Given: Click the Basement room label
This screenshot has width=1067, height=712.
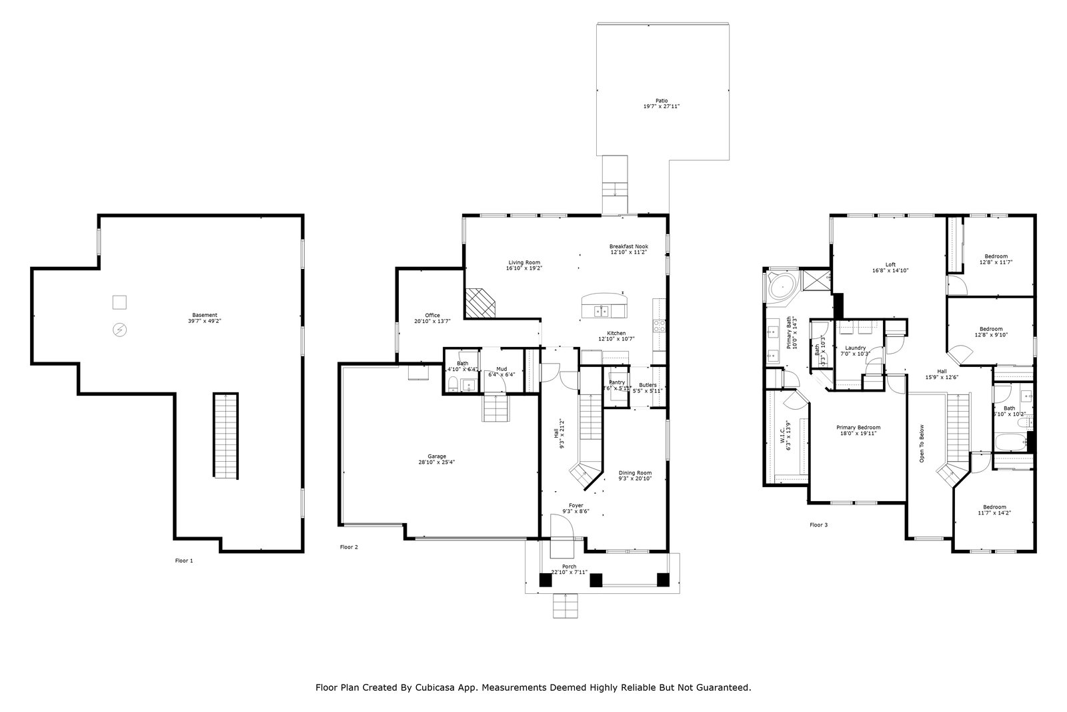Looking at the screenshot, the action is (205, 318).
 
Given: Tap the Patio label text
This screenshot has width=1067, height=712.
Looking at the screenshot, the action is (661, 103).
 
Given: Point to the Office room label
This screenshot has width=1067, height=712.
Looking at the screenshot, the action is (432, 318).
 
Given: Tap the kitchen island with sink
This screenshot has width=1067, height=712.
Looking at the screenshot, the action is (604, 306).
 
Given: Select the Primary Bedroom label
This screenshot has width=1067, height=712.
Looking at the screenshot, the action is (858, 430).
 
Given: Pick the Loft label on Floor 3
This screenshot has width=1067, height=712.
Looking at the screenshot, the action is (890, 267).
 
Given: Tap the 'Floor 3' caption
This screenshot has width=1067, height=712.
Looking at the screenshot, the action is (818, 524).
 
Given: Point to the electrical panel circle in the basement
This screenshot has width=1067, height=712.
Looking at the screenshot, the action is (120, 330).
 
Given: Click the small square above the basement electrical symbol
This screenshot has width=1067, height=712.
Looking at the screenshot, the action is (119, 302).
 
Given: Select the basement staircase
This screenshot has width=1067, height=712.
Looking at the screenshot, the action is (225, 436).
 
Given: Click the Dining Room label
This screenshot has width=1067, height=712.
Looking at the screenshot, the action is (635, 475).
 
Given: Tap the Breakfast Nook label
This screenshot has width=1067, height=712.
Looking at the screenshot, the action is (628, 249).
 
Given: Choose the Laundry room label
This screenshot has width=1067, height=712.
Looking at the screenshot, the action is (855, 350).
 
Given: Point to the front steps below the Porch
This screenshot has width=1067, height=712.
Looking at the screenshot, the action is (565, 605).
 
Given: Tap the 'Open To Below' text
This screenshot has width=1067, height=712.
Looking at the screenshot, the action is (922, 444).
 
